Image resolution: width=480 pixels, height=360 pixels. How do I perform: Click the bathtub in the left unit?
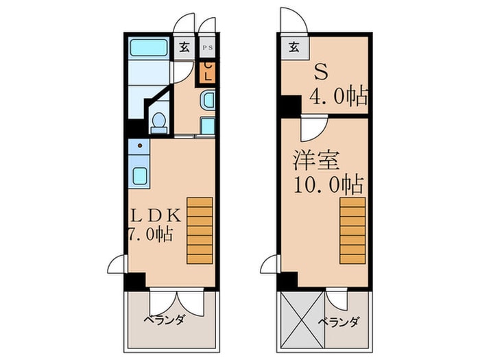pos(149,49)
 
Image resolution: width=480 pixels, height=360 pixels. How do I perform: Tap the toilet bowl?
pos(158,123)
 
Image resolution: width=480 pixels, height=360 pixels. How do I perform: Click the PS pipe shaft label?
pos(206,48)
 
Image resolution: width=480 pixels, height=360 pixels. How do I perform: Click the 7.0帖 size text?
pos(149,234)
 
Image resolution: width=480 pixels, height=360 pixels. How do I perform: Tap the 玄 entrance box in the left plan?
pos(184,48)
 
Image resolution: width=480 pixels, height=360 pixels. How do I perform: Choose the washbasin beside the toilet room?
pos(208,102)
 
